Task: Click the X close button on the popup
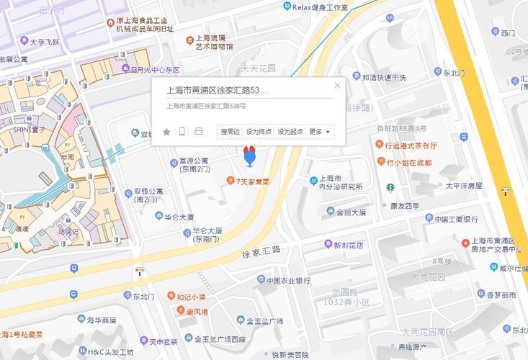pyautogui.click(x=337, y=86)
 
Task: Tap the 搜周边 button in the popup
pyautogui.click(x=230, y=132)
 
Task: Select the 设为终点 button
pyautogui.click(x=259, y=132)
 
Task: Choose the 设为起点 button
pyautogui.click(x=290, y=132)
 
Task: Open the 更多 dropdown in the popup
pyautogui.click(x=320, y=132)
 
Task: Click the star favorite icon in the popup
pyautogui.click(x=166, y=132)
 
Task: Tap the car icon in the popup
pyautogui.click(x=199, y=132)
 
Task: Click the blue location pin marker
pyautogui.click(x=250, y=156)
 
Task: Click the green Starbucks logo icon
pyautogui.click(x=389, y=189)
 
